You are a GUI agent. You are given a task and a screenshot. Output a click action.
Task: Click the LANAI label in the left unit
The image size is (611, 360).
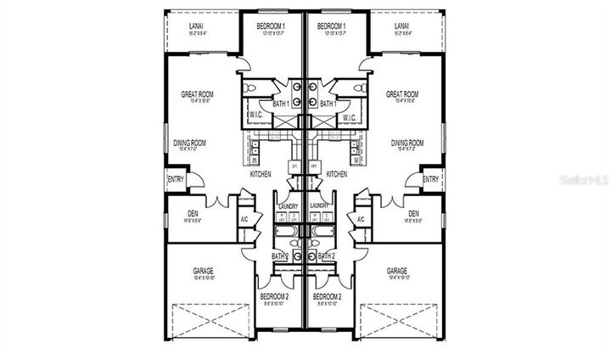[x=195, y=26]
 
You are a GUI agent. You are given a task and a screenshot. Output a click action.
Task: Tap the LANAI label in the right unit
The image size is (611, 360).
[x=403, y=26]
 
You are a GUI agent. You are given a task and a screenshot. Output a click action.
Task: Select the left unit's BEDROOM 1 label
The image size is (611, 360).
[x=272, y=26]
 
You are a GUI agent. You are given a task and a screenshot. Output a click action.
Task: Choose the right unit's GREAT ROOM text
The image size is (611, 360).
[x=402, y=94]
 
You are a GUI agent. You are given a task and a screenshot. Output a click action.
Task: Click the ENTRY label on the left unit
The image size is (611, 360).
[x=176, y=179]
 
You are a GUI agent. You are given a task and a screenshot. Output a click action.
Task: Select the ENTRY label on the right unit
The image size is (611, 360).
[x=430, y=179]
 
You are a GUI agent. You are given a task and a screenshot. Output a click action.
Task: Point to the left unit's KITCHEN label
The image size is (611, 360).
[x=261, y=174]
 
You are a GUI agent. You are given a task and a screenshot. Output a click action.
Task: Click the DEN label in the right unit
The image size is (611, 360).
[x=413, y=213]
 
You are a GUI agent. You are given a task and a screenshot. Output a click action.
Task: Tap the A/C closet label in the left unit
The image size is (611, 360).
[x=244, y=219]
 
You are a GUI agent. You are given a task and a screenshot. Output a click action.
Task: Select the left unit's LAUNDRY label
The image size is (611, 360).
[x=289, y=205]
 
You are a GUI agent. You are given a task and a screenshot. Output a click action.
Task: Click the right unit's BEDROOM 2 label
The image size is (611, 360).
[x=327, y=296]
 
